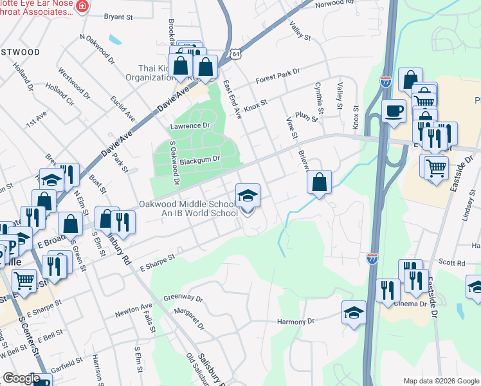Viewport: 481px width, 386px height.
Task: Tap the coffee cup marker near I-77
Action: pos(394,110)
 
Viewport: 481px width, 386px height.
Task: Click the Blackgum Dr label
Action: pos(200,160)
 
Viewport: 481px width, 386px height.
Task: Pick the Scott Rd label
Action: pos(452,263)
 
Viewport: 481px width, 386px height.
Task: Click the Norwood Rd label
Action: pos(335,4)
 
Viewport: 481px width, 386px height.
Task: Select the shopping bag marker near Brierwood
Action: pos(319,182)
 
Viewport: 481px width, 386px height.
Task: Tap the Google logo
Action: pos(21,378)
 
